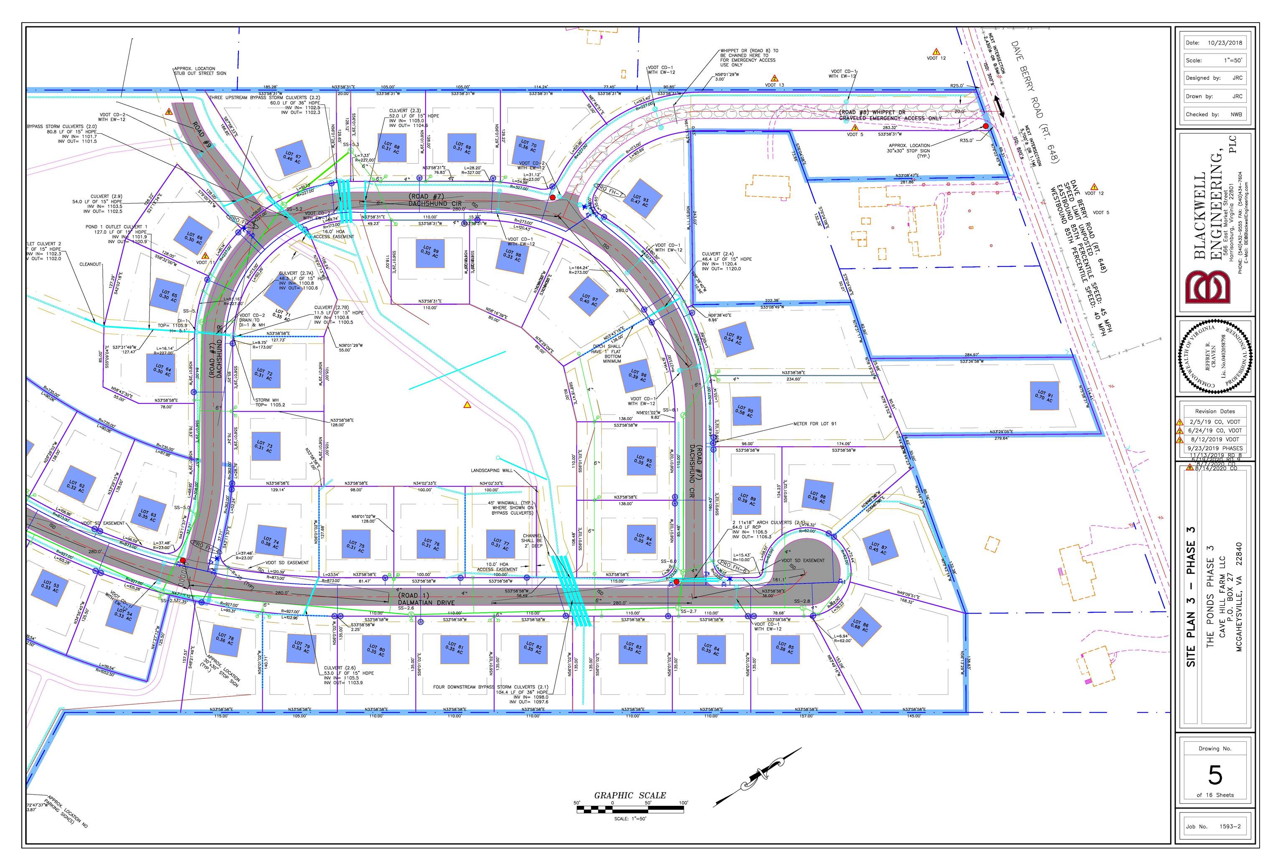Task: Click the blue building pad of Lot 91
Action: (1044, 395)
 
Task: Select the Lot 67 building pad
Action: (292, 158)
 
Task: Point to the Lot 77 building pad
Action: (500, 544)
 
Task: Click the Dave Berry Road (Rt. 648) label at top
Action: (1034, 101)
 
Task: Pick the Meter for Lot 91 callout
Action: (814, 424)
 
